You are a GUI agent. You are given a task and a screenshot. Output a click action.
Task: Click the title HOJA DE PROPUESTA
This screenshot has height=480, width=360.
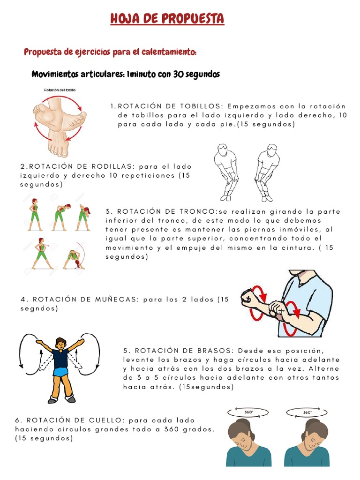tap(167, 19)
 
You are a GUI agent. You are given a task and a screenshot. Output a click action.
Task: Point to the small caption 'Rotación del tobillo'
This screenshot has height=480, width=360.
tap(60, 89)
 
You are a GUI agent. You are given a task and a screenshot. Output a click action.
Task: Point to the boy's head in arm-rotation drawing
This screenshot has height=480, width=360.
tap(60, 343)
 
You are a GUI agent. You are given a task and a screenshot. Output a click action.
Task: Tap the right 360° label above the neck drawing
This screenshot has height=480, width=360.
tap(307, 412)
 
